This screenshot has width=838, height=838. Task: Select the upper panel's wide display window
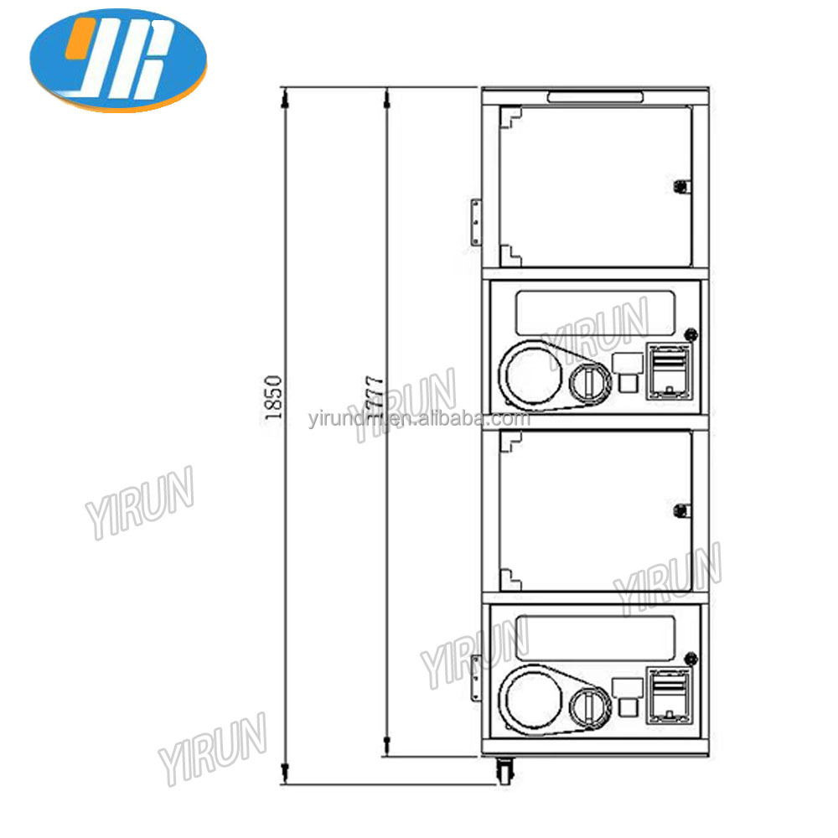[x=595, y=311]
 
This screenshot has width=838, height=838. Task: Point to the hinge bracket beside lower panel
[x=476, y=676]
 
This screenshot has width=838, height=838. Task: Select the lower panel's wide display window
[x=595, y=637]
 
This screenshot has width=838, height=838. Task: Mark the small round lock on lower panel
[x=691, y=657]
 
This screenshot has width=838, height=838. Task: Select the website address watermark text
[x=419, y=420]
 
